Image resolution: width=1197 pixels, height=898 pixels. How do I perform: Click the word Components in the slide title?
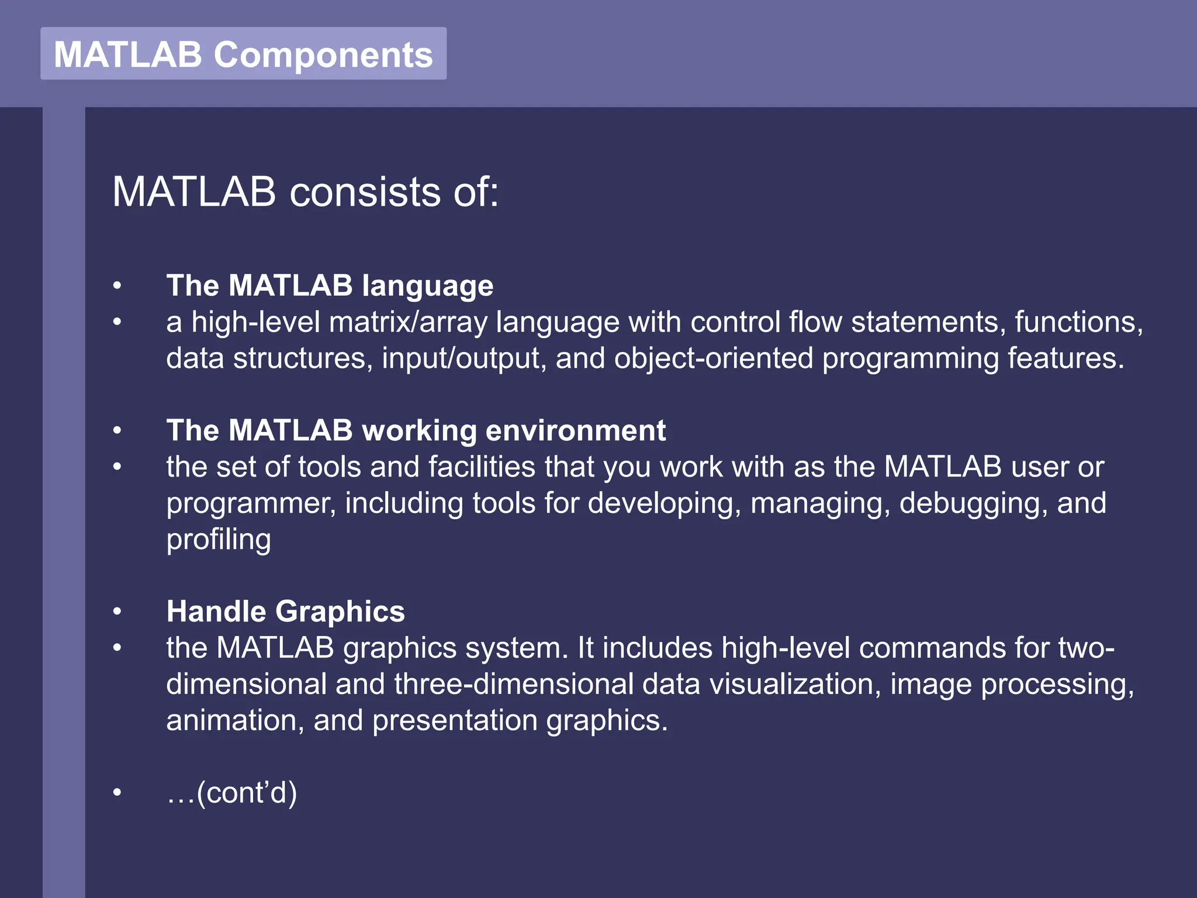323,55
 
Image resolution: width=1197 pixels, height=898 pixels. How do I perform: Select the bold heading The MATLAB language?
330,285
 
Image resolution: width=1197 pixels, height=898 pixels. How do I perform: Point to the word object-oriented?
713,358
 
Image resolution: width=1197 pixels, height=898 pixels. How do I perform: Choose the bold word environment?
575,430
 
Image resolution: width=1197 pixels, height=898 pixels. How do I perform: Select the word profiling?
218,540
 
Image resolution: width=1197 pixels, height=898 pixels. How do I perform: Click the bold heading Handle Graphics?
285,612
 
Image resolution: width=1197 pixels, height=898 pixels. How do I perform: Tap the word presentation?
455,720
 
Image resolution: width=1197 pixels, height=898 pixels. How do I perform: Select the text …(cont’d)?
231,793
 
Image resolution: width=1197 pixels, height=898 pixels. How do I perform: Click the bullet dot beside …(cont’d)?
117,793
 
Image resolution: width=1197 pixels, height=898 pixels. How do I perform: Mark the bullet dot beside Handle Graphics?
117,612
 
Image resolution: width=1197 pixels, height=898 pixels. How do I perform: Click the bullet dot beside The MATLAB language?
117,285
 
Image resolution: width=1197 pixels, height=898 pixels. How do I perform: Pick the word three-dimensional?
513,684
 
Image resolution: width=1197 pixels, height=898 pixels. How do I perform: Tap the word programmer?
251,503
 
